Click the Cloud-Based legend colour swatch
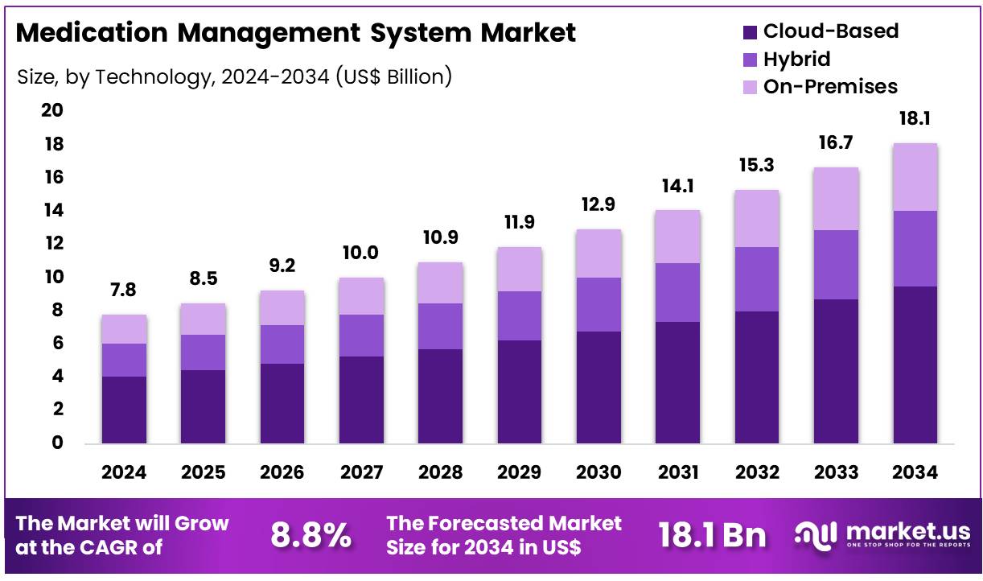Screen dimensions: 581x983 tap(750, 32)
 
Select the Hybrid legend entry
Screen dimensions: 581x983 tap(796, 59)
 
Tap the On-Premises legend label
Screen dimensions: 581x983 tap(830, 86)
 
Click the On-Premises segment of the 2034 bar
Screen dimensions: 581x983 tap(915, 177)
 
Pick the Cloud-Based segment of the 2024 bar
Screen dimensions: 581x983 tap(124, 410)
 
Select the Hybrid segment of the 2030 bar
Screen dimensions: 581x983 tap(598, 304)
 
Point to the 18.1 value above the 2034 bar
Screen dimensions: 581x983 tap(915, 119)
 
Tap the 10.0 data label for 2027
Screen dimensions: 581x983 tap(361, 253)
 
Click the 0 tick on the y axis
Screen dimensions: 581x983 tap(57, 443)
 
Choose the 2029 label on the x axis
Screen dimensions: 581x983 tap(520, 472)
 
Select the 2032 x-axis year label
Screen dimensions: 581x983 tap(756, 472)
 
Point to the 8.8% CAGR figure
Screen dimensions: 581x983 tap(311, 535)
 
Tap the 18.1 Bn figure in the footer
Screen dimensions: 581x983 tap(712, 535)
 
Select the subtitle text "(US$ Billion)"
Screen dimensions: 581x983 tap(393, 76)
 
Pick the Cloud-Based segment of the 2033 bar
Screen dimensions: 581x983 tap(836, 371)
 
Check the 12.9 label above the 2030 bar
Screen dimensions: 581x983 tap(598, 204)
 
